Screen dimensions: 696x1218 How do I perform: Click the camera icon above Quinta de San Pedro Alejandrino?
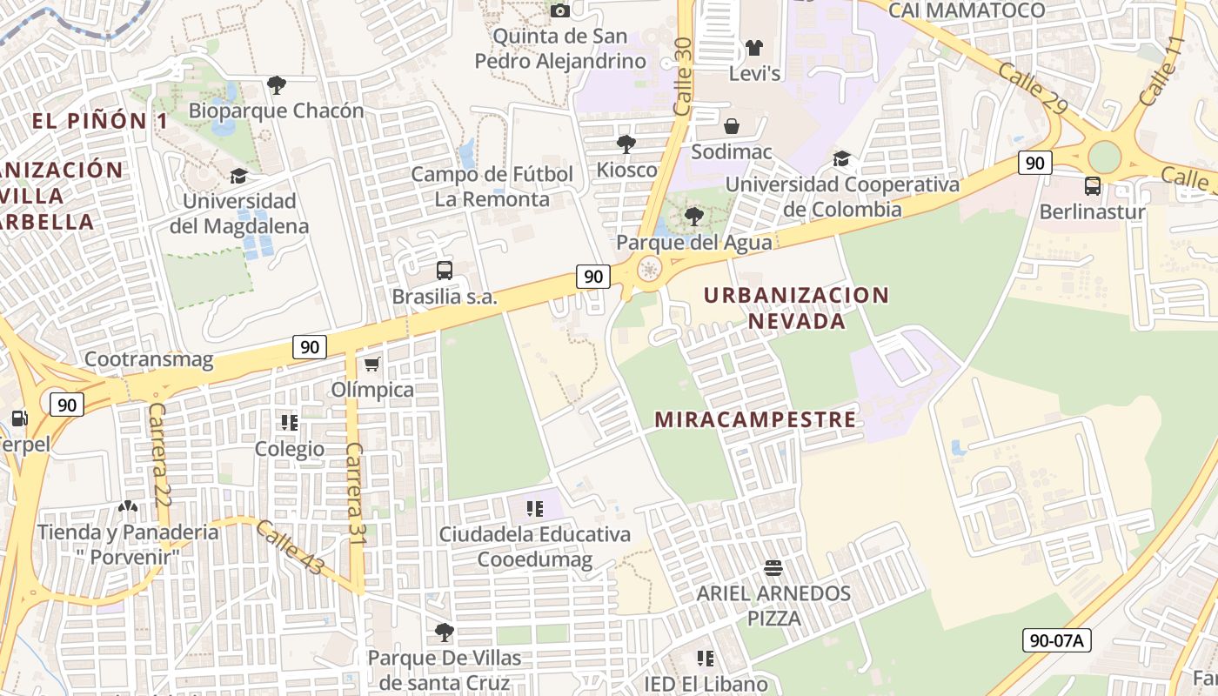560,10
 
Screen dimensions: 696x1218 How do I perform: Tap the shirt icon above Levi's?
753,47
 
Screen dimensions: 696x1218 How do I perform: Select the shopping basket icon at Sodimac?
732,126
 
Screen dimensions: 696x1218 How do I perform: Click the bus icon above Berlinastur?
1092,185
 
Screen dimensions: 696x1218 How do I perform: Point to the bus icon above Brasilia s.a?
445,270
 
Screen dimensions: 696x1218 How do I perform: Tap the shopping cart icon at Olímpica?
372,364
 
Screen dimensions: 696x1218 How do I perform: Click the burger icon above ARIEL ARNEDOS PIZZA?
773,569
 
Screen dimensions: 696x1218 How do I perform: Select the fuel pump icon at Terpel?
18,419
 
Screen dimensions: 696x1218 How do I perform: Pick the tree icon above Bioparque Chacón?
276,85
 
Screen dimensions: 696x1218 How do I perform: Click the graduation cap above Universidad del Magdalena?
238,176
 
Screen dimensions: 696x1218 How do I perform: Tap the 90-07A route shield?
1056,641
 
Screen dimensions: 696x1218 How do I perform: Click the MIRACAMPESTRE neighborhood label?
755,419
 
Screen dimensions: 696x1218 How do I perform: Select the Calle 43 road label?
291,547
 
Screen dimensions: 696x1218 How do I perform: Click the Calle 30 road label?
682,77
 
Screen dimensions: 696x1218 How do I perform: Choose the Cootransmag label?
149,359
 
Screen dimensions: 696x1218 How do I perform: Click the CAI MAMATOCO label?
966,10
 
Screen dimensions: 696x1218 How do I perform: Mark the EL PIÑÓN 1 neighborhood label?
101,121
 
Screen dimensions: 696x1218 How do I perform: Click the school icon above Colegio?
289,424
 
